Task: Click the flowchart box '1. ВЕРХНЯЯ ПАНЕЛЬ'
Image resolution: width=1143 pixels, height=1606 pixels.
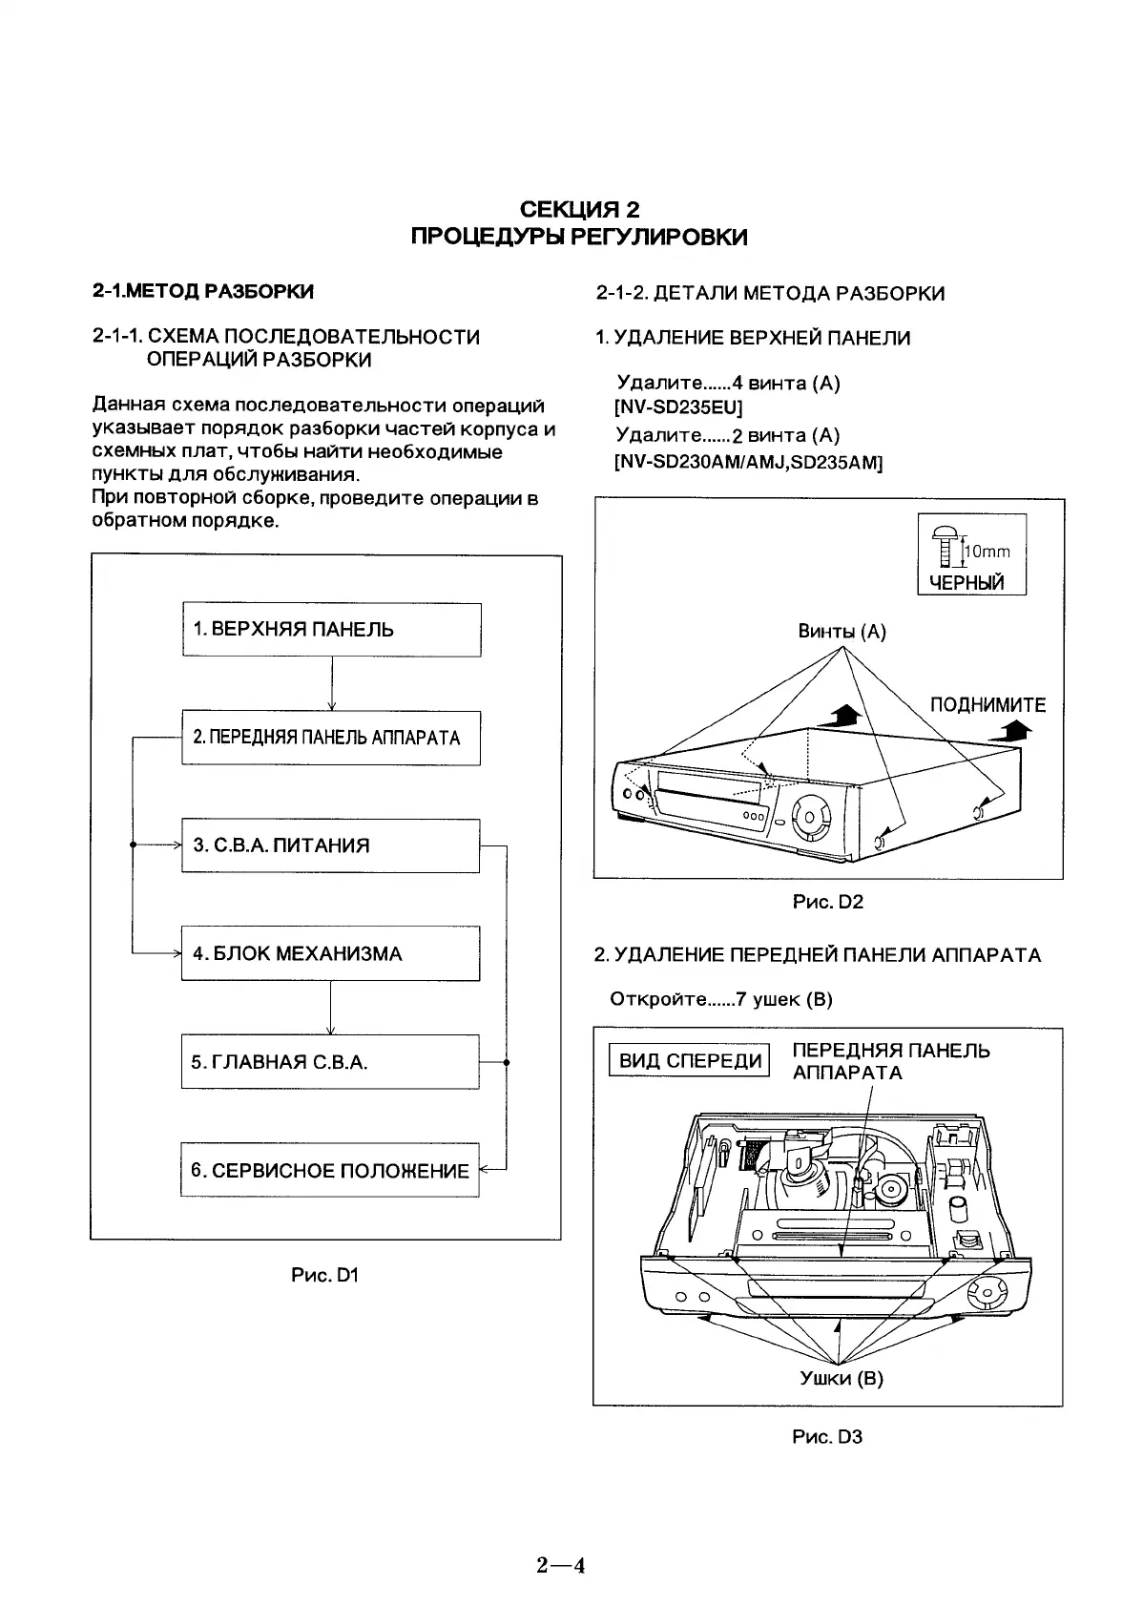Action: [x=331, y=629]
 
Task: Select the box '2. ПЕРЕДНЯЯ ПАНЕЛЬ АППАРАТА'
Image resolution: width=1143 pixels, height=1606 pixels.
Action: [x=331, y=738]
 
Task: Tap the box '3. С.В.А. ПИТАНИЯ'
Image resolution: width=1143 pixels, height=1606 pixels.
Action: [x=331, y=845]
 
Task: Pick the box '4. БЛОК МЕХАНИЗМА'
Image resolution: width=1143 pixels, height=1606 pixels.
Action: [x=331, y=953]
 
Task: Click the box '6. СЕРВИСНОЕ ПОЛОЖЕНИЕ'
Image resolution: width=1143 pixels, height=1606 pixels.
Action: [x=330, y=1171]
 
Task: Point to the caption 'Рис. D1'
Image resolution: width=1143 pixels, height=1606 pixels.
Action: [x=324, y=1274]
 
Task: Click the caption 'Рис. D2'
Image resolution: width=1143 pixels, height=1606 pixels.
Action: [x=827, y=902]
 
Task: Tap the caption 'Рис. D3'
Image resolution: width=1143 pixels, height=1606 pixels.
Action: [x=826, y=1436]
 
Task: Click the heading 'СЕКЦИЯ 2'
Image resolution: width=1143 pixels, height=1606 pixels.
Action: [x=579, y=210]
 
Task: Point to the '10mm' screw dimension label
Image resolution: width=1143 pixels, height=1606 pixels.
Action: [x=987, y=552]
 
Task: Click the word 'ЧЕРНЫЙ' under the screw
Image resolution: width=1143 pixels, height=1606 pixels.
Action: [x=966, y=582]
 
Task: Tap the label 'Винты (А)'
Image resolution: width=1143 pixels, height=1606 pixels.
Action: [x=842, y=631]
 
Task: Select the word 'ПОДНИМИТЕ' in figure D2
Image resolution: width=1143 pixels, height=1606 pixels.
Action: [x=987, y=705]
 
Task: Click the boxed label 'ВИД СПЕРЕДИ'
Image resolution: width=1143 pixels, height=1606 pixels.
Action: [x=690, y=1060]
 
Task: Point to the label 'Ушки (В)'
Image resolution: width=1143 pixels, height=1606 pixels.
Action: [x=841, y=1378]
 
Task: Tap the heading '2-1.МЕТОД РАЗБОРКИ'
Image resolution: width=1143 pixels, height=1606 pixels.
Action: [x=203, y=291]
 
